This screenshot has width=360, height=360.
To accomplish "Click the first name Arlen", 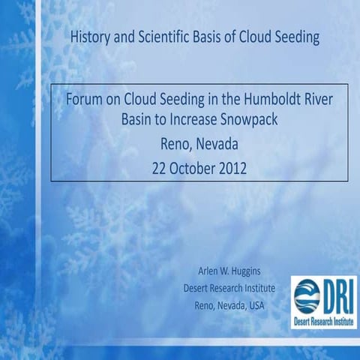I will tap(210, 271).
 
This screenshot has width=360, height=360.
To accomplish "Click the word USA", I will tap(253, 304).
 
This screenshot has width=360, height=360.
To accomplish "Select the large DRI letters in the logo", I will tap(334, 294).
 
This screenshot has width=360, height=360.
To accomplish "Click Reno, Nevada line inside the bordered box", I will tap(199, 143).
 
